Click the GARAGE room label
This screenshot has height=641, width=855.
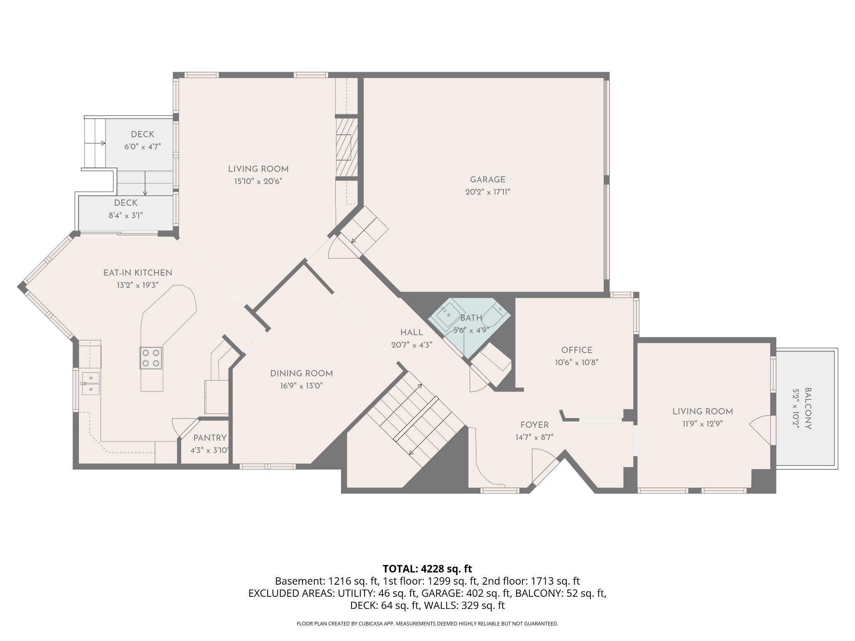[487, 180]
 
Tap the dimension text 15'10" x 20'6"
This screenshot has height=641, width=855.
[258, 182]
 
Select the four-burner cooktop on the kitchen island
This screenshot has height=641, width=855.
[151, 358]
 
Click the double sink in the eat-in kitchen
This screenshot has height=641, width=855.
[90, 384]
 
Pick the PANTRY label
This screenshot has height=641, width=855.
[210, 438]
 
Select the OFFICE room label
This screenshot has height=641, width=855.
[577, 350]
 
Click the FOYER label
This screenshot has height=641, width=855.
[534, 425]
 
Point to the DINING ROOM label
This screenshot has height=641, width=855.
[301, 373]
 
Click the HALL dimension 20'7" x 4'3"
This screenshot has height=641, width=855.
[411, 345]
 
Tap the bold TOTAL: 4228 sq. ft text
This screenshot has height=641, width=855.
[427, 569]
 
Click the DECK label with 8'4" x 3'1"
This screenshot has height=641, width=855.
[126, 203]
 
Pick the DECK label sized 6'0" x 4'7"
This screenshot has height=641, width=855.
[142, 134]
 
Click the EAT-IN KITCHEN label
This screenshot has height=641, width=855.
[137, 273]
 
